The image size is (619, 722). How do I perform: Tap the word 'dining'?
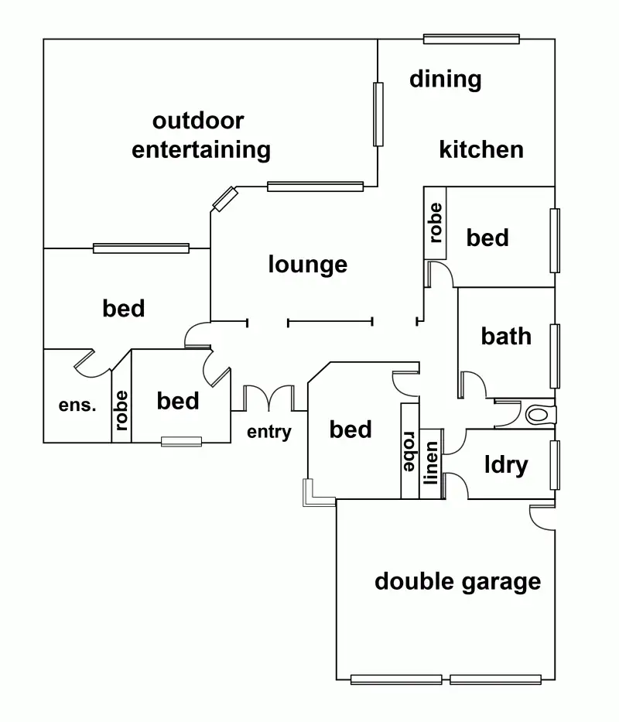pos(445,79)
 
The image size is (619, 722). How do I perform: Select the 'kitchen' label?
pos(481,149)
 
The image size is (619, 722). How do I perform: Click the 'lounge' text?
pos(308,265)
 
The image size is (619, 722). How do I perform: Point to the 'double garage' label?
pos(457,581)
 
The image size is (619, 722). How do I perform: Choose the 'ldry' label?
pos(506,465)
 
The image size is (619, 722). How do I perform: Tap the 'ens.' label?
pos(77,405)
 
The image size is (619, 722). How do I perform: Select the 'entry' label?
pos(269,431)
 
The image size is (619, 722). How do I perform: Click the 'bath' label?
pos(506,336)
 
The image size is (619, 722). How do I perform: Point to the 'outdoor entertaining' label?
pos(200,135)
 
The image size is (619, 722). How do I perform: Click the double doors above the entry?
pos(269,398)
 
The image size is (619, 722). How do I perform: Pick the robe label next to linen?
pos(409,452)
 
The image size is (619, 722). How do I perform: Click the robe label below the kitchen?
pos(435,223)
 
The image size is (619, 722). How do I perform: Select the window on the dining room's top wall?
pos(471,39)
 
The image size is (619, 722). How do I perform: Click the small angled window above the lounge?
pos(225,199)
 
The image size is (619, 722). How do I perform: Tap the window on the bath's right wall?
pos(555,356)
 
